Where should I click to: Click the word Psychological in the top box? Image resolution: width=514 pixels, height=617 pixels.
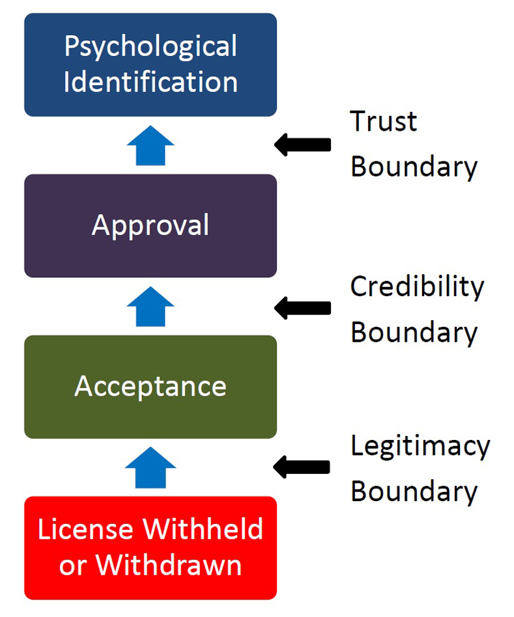click(x=150, y=48)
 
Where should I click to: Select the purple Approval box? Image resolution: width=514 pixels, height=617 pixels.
click(x=150, y=226)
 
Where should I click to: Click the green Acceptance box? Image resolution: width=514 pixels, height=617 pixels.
click(x=150, y=387)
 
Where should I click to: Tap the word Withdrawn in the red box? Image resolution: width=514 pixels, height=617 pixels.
click(x=169, y=565)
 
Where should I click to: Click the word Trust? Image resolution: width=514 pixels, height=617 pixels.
click(x=383, y=121)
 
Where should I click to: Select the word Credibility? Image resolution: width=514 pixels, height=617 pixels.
click(x=417, y=287)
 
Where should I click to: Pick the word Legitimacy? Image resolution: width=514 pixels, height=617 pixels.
click(x=420, y=446)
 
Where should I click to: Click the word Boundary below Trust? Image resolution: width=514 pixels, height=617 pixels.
click(x=414, y=167)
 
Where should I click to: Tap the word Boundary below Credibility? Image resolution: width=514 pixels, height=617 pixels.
click(x=414, y=333)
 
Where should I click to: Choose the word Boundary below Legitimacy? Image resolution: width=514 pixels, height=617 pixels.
click(x=414, y=492)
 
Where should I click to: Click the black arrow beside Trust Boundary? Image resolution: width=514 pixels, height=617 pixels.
click(x=302, y=144)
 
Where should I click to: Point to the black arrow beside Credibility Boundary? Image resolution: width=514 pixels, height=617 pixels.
click(x=302, y=308)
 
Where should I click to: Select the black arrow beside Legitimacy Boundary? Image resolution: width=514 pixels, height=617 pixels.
click(x=302, y=467)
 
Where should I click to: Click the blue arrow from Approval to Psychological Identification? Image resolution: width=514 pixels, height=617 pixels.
click(x=150, y=146)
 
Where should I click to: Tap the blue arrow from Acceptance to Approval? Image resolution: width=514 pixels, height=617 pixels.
click(x=150, y=307)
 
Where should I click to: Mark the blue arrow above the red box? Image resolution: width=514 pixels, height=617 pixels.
click(x=150, y=467)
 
